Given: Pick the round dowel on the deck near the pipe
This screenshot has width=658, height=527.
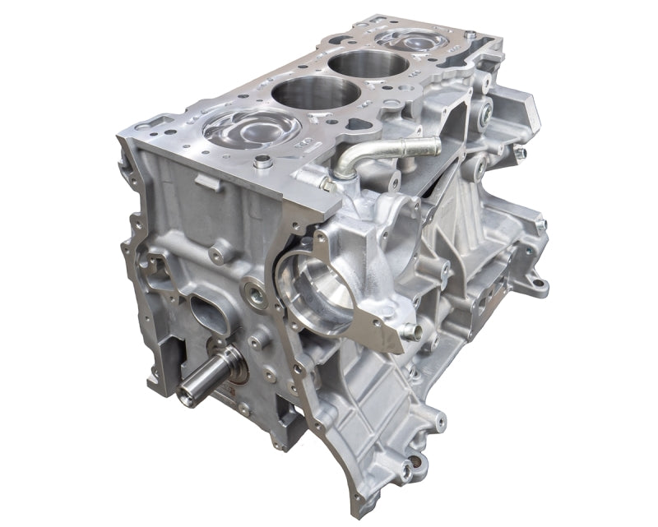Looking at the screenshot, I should [262, 162].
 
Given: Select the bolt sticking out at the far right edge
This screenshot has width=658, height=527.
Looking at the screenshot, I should [520, 153].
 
